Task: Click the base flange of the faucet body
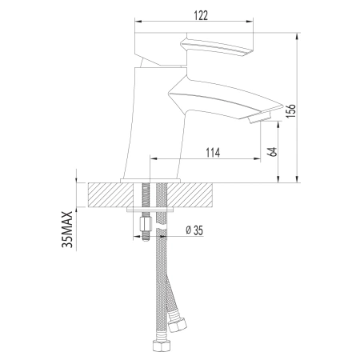(x=152, y=179)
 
